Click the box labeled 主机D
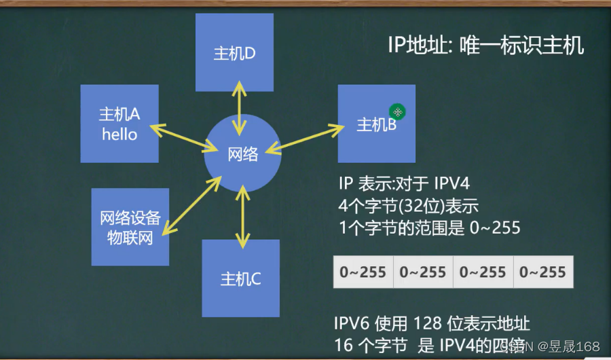tap(234, 53)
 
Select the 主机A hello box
tap(119, 124)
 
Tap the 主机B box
tap(376, 124)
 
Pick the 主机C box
tap(240, 278)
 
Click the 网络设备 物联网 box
tap(130, 227)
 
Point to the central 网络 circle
tap(242, 154)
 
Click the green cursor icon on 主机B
tap(397, 112)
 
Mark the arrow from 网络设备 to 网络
tap(192, 204)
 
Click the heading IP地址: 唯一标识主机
tap(485, 46)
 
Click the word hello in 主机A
tap(119, 134)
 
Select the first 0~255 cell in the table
tap(363, 272)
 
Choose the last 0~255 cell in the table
tap(542, 272)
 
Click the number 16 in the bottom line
tap(344, 345)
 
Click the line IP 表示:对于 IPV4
tap(403, 183)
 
